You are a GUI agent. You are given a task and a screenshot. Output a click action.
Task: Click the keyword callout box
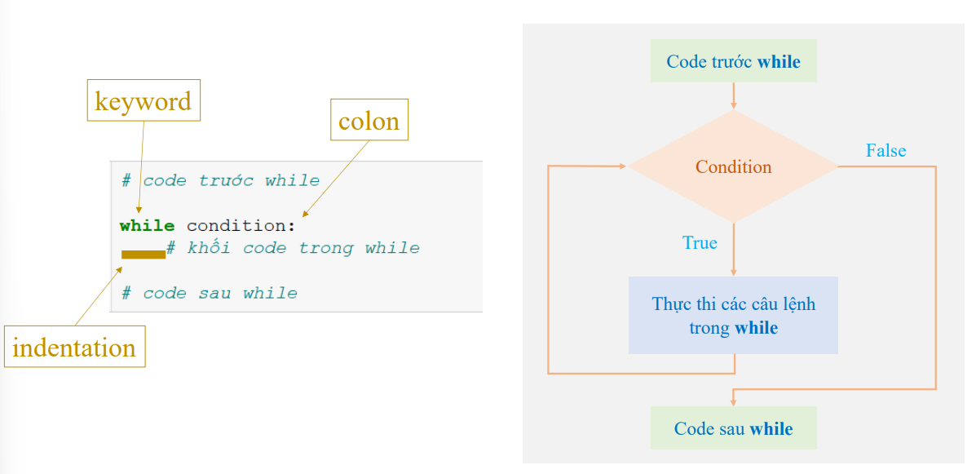(144, 101)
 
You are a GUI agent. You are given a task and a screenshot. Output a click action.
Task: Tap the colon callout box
(369, 121)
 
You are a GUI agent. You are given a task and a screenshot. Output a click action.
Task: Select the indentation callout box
(74, 347)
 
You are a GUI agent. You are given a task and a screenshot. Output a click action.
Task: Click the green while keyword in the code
(147, 226)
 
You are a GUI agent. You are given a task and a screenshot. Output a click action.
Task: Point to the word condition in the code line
(237, 226)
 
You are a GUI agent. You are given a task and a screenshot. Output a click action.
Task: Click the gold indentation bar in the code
(144, 255)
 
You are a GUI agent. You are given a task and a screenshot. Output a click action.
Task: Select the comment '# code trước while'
(220, 180)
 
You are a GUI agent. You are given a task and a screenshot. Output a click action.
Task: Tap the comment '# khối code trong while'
(293, 248)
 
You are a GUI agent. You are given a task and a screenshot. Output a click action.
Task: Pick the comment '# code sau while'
(209, 293)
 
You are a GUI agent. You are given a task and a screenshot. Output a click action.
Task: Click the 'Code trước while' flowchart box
(733, 62)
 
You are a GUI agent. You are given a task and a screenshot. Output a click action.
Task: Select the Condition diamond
(733, 166)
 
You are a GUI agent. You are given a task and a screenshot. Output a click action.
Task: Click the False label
(885, 151)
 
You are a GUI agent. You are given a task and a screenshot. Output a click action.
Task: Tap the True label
(700, 243)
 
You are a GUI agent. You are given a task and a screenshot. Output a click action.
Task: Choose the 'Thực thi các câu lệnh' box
(733, 316)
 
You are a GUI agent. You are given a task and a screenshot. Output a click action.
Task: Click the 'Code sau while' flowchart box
(733, 428)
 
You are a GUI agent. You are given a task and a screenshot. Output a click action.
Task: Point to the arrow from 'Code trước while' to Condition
(734, 95)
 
